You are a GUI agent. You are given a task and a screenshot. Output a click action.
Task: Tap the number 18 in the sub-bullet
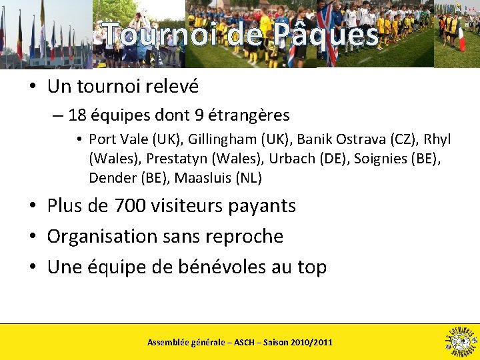(77, 115)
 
